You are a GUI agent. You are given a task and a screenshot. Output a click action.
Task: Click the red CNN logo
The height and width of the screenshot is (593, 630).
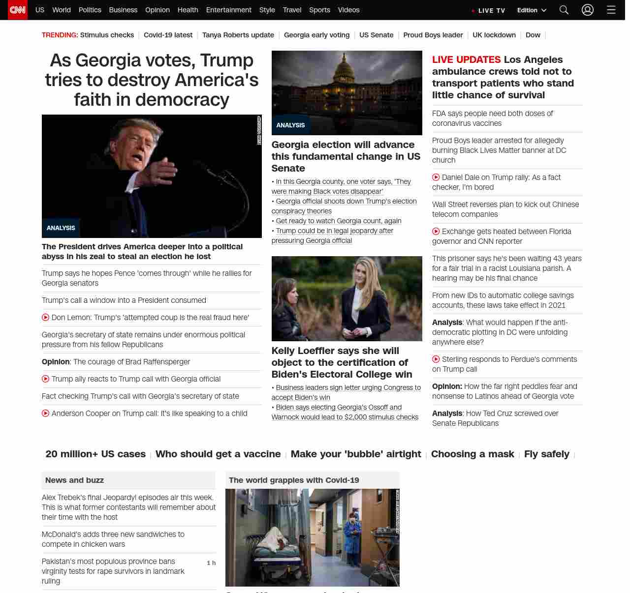click(x=18, y=10)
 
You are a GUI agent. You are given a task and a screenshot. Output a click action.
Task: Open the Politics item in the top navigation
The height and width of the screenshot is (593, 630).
click(x=90, y=10)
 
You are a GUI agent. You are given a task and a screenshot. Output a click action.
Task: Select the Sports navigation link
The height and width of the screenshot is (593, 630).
click(x=319, y=10)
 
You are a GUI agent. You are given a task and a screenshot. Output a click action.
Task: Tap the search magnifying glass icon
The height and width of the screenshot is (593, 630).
click(x=564, y=10)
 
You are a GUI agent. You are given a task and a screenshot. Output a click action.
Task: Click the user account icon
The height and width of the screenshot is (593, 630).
click(x=588, y=10)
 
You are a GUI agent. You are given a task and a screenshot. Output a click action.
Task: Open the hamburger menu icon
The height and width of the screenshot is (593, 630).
click(x=611, y=10)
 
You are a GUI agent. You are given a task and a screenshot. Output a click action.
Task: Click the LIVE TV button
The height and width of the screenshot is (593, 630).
click(x=489, y=10)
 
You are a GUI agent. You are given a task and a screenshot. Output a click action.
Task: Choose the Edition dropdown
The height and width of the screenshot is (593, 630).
click(x=532, y=10)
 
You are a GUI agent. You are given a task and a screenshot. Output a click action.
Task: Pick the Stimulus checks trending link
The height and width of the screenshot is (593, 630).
click(x=107, y=35)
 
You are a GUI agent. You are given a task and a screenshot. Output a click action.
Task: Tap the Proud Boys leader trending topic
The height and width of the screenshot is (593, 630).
click(x=433, y=35)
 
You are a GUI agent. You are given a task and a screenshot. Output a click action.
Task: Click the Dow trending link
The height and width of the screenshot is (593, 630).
click(x=533, y=35)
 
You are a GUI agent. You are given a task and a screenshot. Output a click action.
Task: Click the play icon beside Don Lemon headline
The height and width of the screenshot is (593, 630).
click(x=46, y=318)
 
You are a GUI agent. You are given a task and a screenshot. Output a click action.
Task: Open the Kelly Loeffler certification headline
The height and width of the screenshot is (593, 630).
click(x=342, y=362)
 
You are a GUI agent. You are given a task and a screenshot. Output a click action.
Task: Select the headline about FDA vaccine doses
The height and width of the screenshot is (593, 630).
click(x=492, y=119)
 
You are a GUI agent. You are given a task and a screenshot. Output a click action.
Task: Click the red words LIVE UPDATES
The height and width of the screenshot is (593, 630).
click(x=466, y=60)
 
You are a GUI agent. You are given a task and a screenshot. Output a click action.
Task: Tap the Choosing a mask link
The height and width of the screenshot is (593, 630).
click(x=472, y=454)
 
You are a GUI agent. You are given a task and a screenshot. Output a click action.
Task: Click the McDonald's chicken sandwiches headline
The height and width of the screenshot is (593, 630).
click(x=113, y=539)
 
